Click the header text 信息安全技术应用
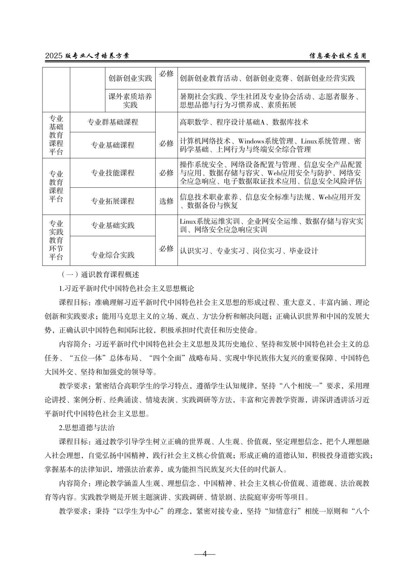click(338, 56)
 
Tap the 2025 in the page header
click(53, 56)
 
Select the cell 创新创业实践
click(130, 79)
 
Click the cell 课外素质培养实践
click(130, 101)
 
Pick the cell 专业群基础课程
click(113, 122)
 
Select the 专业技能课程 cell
click(113, 173)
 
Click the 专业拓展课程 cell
click(113, 201)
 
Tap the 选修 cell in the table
click(166, 201)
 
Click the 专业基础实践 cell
click(113, 225)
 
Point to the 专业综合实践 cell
click(113, 255)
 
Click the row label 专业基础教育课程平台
click(56, 135)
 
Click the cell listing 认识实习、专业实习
click(249, 251)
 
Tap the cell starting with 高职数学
click(244, 122)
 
